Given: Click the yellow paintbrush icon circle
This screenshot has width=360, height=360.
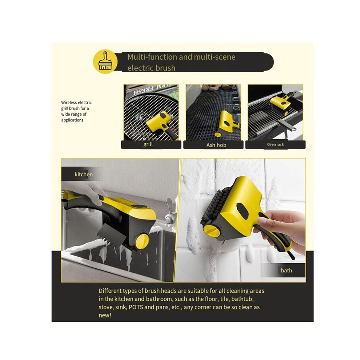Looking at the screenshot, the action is coord(105,61).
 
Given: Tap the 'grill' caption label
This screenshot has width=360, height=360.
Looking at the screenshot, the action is coord(148,144).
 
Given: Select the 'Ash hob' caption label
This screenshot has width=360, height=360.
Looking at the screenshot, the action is coord(216,145).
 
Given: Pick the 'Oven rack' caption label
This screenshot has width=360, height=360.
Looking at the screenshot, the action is coord(275,144).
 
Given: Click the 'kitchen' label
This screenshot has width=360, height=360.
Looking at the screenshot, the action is coord(84,174).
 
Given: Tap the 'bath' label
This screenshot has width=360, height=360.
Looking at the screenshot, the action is coord(286,271).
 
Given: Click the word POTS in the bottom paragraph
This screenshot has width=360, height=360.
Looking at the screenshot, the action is coord(137,307).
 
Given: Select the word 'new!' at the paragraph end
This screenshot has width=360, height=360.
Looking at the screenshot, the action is coord(105,315).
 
